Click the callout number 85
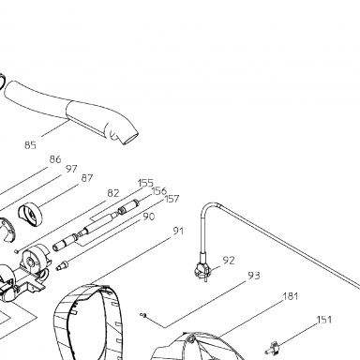(x=30, y=145)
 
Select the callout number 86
(x=55, y=159)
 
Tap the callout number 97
(x=71, y=169)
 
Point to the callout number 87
(x=87, y=178)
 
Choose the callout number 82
(x=113, y=193)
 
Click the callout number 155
(x=145, y=183)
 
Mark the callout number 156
(x=158, y=191)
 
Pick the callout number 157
(x=172, y=199)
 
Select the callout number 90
(x=149, y=217)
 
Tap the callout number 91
(x=178, y=232)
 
